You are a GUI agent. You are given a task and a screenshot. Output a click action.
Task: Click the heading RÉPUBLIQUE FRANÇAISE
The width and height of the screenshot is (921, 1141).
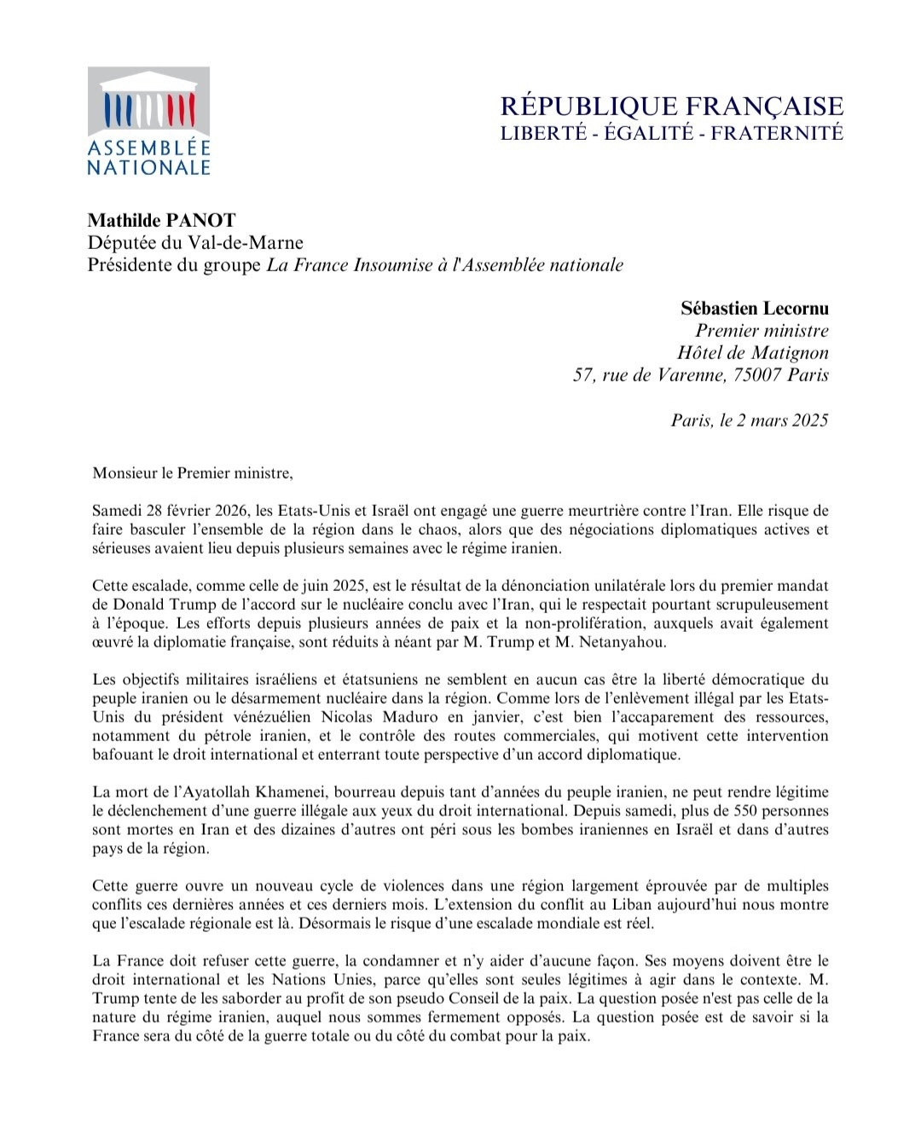pyautogui.click(x=671, y=107)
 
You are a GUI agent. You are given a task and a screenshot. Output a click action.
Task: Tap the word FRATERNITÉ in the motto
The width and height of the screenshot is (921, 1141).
pyautogui.click(x=777, y=133)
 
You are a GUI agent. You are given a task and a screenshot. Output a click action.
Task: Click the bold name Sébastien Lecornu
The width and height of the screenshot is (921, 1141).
pyautogui.click(x=754, y=309)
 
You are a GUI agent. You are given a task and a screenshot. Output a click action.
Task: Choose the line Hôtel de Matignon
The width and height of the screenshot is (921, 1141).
pyautogui.click(x=752, y=353)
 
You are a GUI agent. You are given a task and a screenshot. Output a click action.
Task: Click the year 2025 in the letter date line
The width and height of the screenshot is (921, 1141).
pyautogui.click(x=806, y=420)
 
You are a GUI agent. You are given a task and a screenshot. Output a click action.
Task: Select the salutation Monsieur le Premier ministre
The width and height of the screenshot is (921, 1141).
pyautogui.click(x=192, y=473)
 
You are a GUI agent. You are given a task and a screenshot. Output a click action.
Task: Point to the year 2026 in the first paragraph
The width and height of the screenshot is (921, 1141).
pyautogui.click(x=229, y=512)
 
